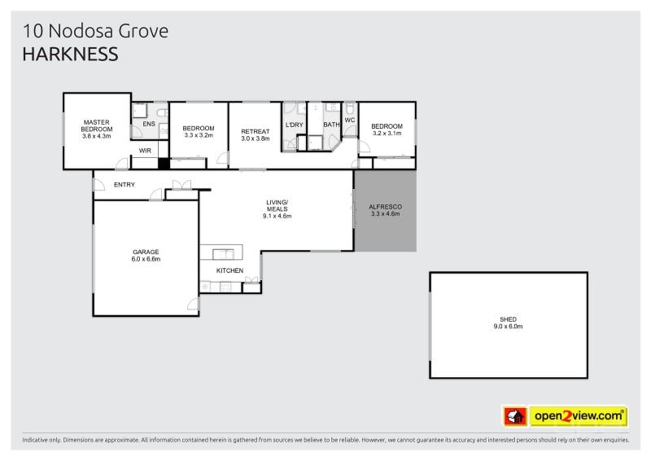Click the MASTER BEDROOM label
coord(97,125)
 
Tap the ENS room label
coord(149,124)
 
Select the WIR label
coord(145,151)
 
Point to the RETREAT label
coord(256,131)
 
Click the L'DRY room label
coord(295,125)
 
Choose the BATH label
coord(331,125)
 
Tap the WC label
coord(350,120)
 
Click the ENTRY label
coord(125,185)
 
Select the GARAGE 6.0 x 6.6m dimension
coord(146,259)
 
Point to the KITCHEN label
coord(229,270)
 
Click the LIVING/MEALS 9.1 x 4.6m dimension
coord(277,216)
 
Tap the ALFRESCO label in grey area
coord(385,207)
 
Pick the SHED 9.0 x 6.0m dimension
coord(508,327)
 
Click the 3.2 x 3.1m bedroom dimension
coord(387,133)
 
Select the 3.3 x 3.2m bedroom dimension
coord(199,135)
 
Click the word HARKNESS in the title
coord(70,54)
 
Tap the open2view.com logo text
coord(579,415)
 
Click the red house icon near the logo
coord(515,416)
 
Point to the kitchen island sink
coord(223,254)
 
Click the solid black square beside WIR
coord(164,164)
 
